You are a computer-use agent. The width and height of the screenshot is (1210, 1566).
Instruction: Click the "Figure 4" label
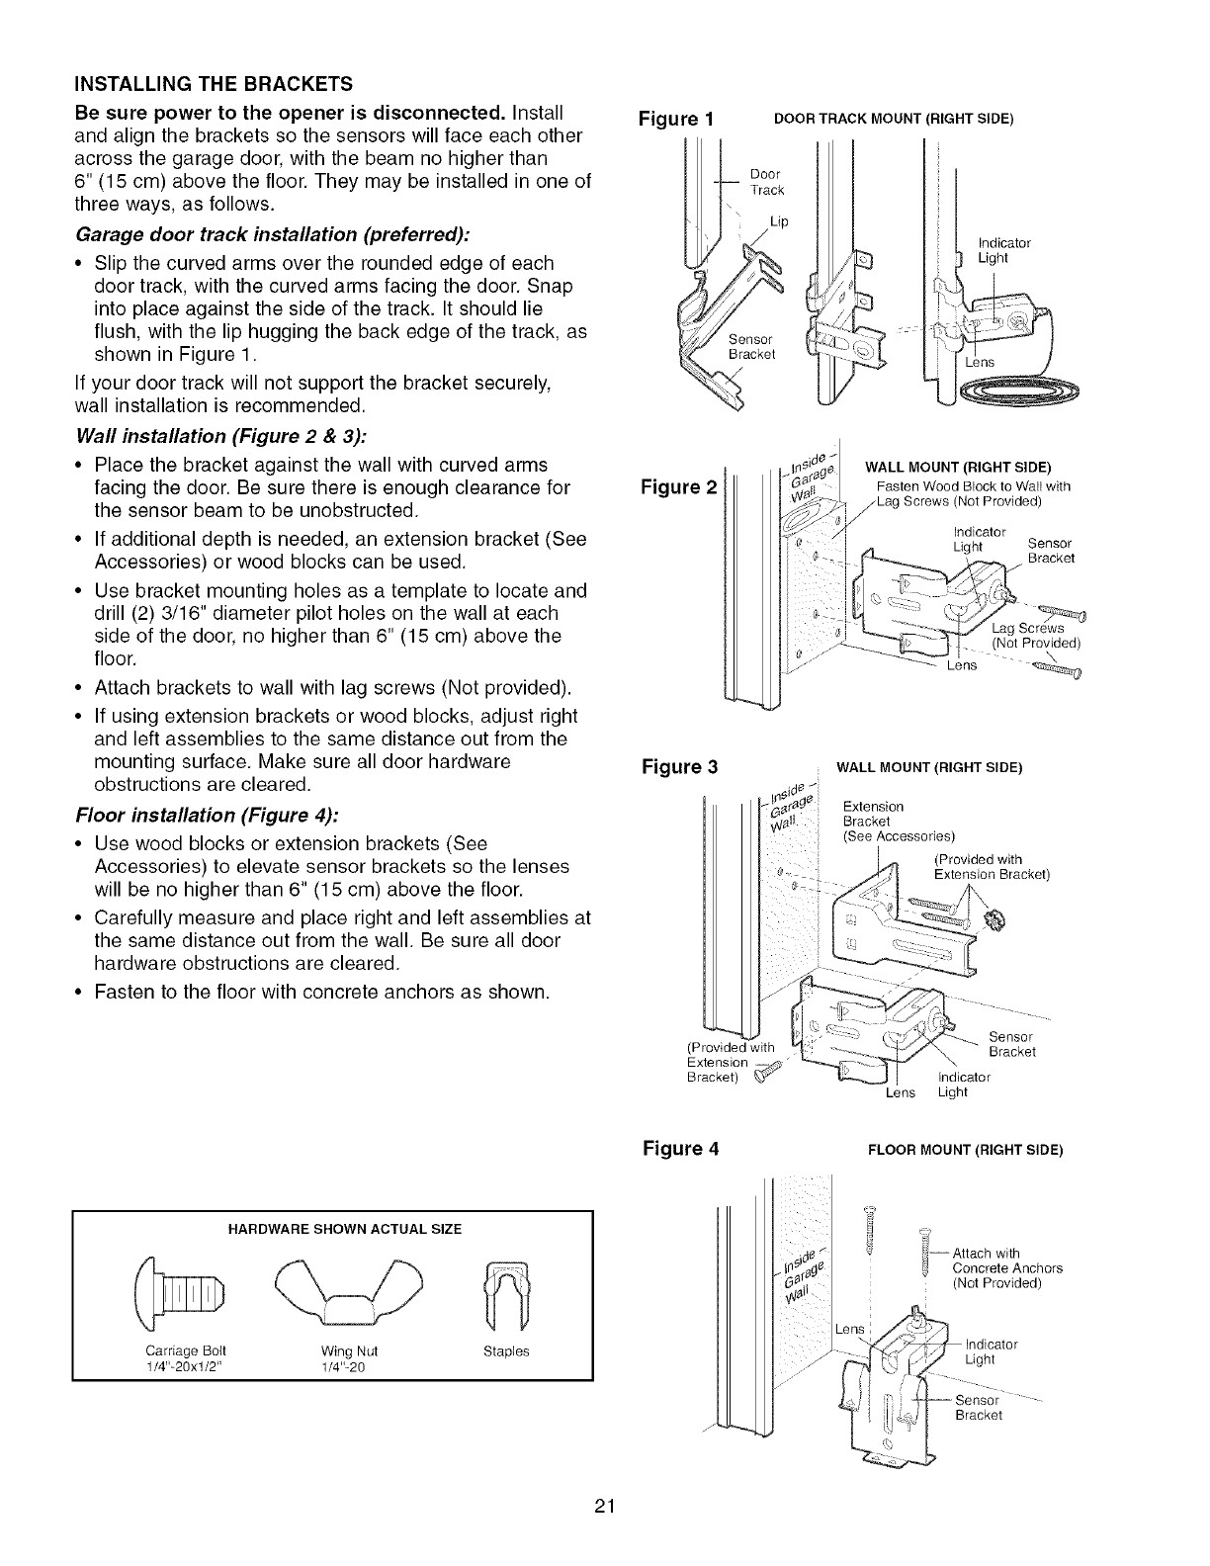coord(680,1149)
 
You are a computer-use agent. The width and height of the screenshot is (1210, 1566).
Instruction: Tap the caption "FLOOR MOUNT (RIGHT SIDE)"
coord(964,1150)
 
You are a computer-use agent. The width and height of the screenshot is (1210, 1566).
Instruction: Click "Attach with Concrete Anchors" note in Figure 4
coord(1006,1268)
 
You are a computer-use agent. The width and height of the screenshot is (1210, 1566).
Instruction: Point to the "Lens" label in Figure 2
coord(957,664)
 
